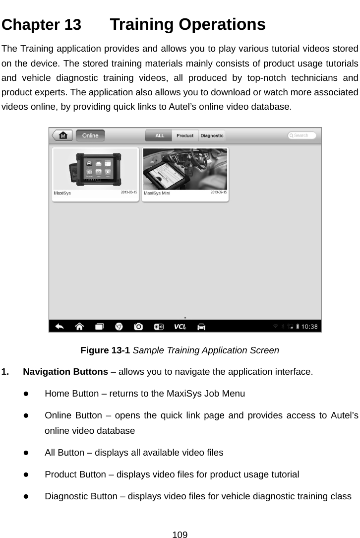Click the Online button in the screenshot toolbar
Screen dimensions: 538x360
pos(90,135)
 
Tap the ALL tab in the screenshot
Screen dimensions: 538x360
pos(159,135)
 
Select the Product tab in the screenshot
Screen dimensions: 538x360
pos(185,135)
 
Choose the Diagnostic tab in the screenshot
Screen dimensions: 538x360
pos(212,135)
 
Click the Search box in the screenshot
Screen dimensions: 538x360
pos(302,135)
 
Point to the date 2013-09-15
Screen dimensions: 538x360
pos(219,193)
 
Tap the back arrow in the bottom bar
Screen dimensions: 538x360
pos(60,327)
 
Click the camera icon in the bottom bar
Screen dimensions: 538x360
pos(138,327)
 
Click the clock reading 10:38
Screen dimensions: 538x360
pos(311,327)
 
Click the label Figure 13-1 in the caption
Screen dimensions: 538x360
pos(105,350)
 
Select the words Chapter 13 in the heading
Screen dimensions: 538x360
pos(42,25)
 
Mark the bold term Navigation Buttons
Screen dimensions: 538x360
pos(66,372)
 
